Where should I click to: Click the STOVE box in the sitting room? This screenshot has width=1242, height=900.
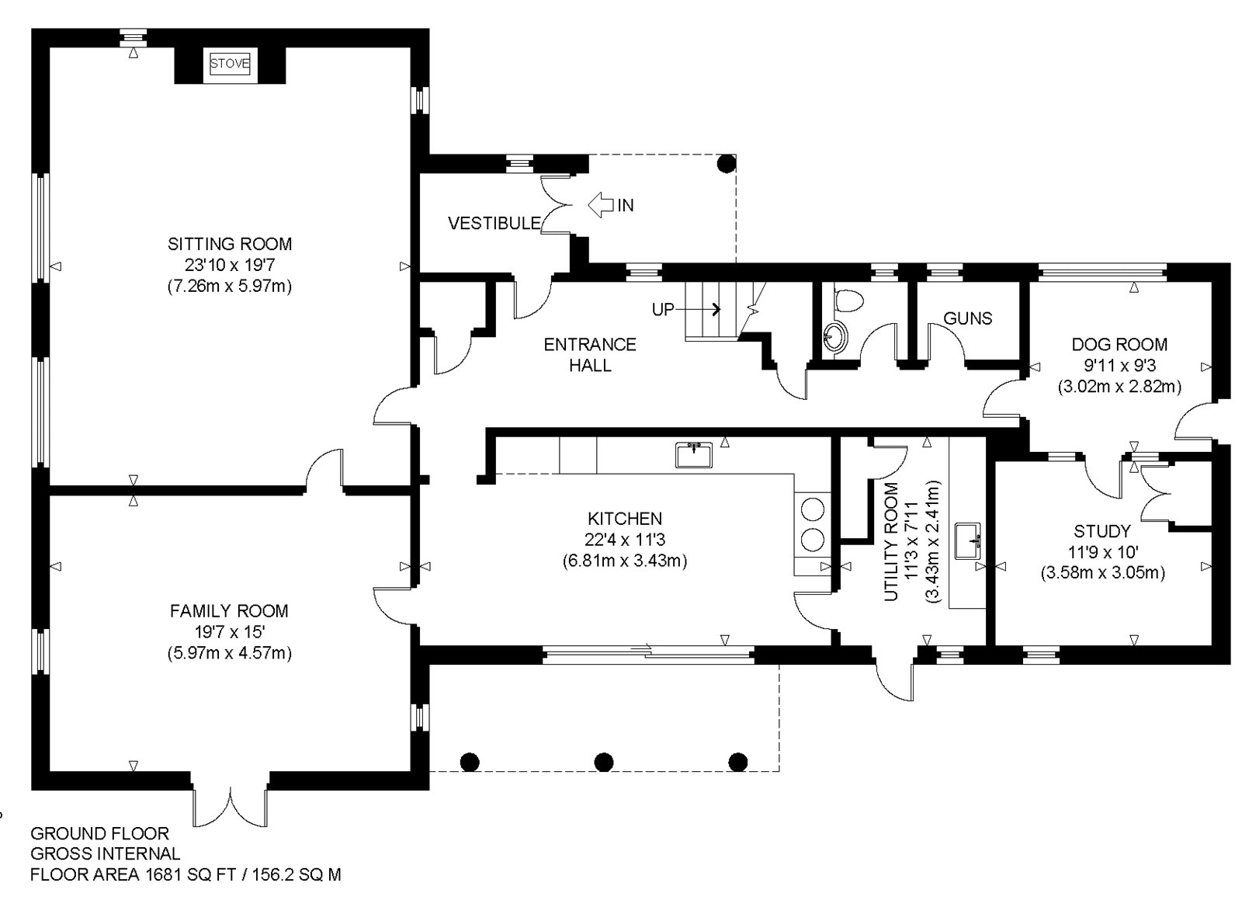(x=230, y=64)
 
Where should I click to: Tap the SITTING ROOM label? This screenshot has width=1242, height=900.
(x=230, y=244)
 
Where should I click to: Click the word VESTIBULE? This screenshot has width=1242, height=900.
(x=494, y=224)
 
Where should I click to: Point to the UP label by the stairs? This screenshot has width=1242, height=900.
(x=663, y=310)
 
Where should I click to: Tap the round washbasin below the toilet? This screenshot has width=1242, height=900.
(x=835, y=338)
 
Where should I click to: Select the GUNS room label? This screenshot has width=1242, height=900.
(x=967, y=318)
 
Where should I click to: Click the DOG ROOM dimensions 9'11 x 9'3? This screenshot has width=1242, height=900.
(x=1119, y=365)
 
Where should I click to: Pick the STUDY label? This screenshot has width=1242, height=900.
(x=1101, y=532)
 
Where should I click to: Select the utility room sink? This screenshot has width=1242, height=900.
(x=967, y=540)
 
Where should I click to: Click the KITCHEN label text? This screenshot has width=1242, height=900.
(x=624, y=519)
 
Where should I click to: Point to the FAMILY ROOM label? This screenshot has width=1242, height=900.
(x=229, y=611)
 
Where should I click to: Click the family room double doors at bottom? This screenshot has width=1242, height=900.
(x=231, y=808)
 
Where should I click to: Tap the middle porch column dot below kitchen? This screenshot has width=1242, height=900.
(x=603, y=761)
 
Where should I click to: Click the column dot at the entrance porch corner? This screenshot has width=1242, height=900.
(x=726, y=163)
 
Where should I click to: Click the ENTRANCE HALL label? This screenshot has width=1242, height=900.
(x=590, y=354)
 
